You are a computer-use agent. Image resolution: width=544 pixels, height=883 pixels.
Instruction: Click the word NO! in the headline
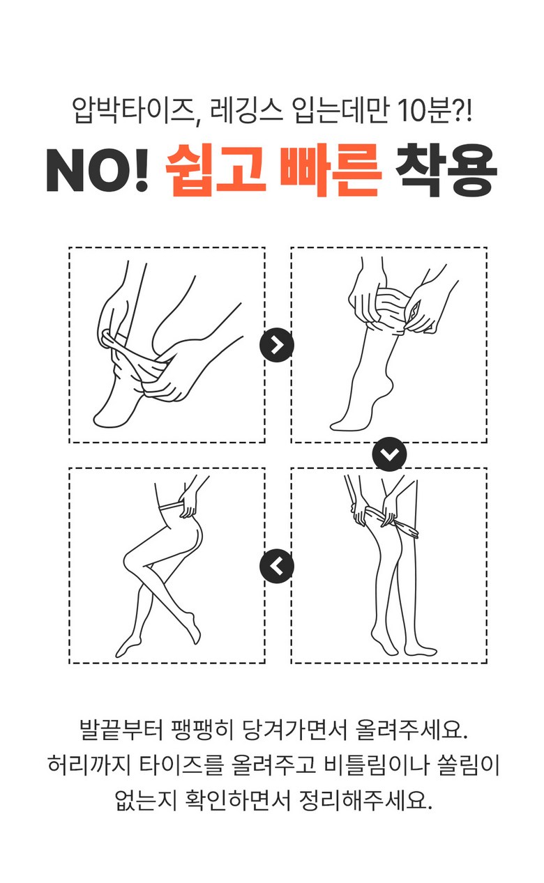(x=98, y=170)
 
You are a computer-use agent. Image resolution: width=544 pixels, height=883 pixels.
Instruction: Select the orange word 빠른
(x=330, y=170)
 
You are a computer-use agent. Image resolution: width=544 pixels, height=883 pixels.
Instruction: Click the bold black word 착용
(x=446, y=170)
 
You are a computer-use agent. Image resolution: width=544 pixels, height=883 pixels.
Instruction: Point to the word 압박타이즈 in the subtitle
(x=134, y=110)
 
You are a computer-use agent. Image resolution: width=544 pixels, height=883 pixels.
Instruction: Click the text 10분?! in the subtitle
(x=434, y=110)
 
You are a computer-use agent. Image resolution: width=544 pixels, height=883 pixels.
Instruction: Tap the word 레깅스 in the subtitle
(x=247, y=110)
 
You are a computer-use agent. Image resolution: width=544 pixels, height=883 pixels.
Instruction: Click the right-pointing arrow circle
(x=277, y=345)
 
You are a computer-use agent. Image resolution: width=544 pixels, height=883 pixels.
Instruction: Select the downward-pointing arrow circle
(x=389, y=454)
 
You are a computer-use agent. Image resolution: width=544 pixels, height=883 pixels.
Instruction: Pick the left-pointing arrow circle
(x=277, y=566)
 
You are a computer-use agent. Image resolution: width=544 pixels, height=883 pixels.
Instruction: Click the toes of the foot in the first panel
(x=102, y=420)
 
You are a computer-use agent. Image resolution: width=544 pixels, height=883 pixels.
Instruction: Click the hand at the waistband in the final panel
(x=188, y=503)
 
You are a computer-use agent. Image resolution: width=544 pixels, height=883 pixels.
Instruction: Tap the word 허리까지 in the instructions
(x=89, y=765)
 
